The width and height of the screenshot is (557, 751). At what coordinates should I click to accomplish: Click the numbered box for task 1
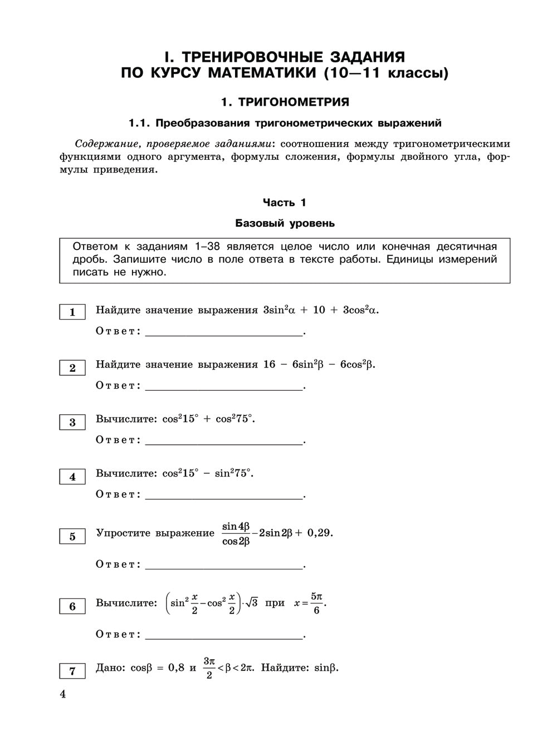[72, 312]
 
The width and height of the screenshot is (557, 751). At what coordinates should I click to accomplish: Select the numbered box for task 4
[72, 477]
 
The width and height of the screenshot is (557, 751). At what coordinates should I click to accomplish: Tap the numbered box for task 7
[72, 671]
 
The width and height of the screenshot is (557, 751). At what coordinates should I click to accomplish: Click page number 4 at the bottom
[62, 694]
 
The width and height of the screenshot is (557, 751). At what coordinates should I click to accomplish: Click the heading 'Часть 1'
[285, 203]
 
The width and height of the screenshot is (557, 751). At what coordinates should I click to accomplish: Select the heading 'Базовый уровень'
[285, 223]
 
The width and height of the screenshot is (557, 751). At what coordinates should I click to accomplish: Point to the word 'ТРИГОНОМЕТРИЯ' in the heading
[294, 102]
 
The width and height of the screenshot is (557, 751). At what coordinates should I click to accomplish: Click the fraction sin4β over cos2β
[236, 533]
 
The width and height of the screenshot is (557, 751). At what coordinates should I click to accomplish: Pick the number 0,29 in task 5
[319, 533]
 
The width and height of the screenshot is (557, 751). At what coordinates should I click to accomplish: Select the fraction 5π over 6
[316, 603]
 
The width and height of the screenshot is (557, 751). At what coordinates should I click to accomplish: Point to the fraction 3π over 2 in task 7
[209, 667]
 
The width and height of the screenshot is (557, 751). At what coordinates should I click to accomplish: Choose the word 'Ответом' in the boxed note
[95, 247]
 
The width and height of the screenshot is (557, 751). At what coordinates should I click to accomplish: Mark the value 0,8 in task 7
[176, 667]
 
